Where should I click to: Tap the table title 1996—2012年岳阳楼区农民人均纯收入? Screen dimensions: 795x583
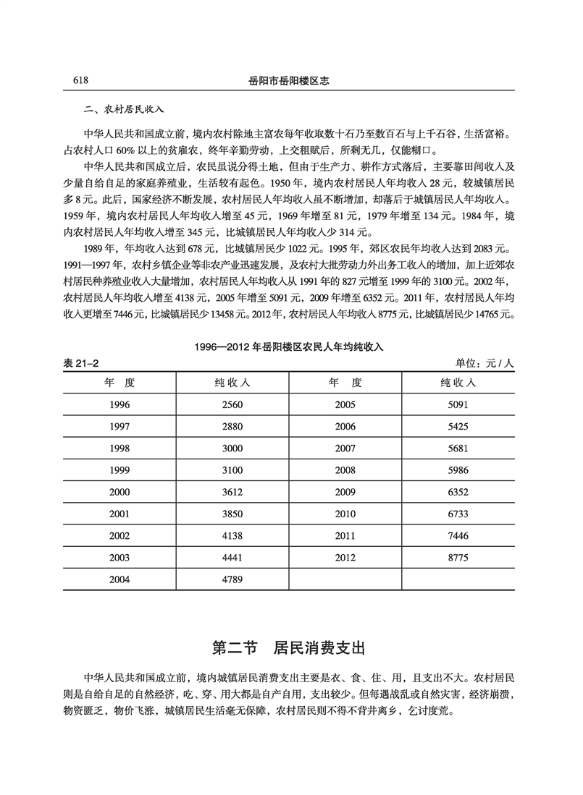289,347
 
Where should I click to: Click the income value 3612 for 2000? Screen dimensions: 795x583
233,492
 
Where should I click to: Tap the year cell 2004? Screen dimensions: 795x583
119,579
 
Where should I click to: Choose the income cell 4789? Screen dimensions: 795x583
233,579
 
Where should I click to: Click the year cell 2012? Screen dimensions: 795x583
345,558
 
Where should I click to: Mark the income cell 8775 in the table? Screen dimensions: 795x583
458,558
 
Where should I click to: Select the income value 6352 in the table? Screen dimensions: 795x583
458,492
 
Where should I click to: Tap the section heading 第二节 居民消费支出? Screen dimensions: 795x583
290,647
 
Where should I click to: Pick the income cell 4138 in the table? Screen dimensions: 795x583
233,536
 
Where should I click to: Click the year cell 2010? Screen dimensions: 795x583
345,514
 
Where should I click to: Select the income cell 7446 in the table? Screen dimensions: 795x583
458,536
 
